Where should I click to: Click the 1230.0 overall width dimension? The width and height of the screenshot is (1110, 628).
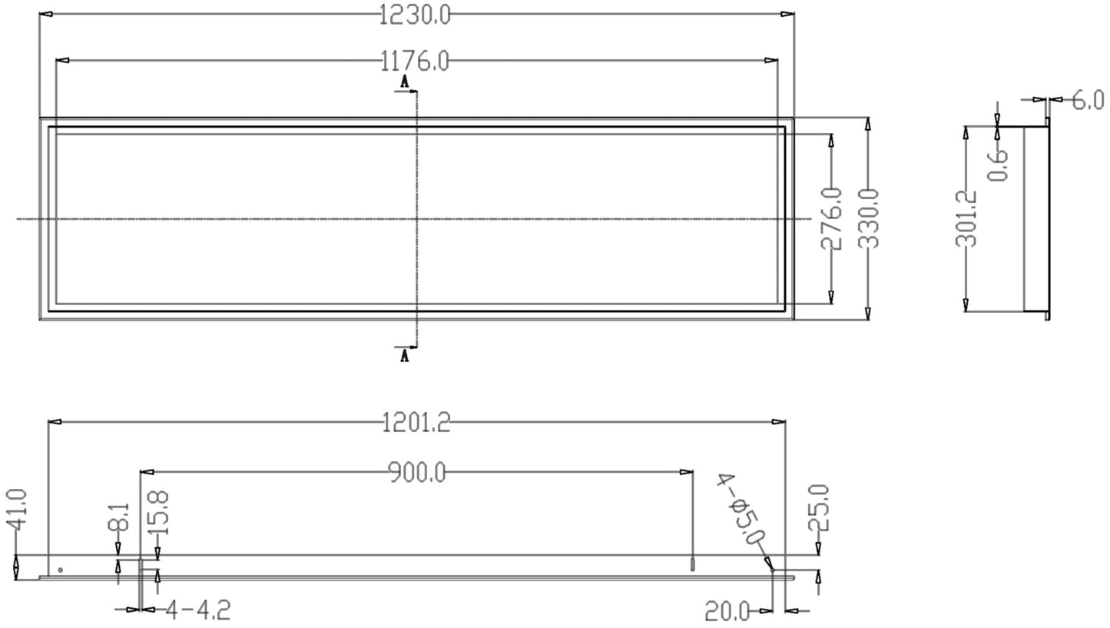click(416, 15)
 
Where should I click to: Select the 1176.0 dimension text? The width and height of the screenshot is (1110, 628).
click(416, 61)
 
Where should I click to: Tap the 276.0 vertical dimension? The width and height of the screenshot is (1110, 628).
click(832, 219)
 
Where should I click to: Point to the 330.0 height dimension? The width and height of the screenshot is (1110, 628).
click(868, 219)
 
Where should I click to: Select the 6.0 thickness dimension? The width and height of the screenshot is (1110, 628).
click(1087, 100)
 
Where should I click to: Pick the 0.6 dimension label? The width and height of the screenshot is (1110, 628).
click(998, 164)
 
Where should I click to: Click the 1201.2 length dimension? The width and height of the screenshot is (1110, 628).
click(416, 422)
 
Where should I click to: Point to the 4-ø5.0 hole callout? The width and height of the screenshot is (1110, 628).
click(741, 510)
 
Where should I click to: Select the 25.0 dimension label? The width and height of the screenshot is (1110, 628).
click(819, 508)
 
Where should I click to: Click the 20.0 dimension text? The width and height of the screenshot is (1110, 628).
click(727, 612)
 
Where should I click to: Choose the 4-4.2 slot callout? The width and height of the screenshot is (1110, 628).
click(197, 611)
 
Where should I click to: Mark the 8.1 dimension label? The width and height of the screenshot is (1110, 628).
click(118, 519)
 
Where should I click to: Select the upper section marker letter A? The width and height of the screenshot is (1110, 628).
click(404, 81)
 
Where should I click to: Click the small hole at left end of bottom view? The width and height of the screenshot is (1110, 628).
click(60, 570)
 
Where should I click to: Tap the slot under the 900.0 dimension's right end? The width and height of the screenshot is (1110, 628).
click(692, 565)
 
